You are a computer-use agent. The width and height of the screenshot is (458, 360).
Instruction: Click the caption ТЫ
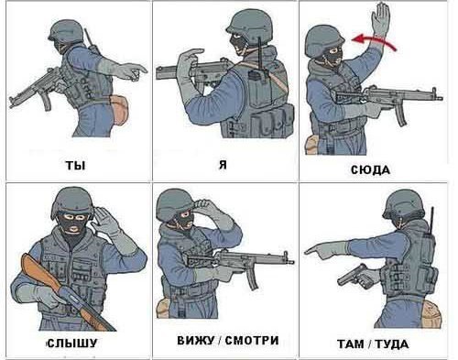75,165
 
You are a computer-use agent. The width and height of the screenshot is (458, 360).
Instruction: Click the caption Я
224,165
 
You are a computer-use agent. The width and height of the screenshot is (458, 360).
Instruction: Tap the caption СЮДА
370,169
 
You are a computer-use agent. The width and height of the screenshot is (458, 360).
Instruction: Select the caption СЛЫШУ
72,343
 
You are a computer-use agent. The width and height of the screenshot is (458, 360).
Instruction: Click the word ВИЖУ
196,340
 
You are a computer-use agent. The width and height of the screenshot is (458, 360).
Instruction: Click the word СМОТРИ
252,340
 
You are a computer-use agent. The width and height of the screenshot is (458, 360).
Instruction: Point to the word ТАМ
351,344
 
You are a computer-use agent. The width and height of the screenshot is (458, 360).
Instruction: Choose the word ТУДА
392,344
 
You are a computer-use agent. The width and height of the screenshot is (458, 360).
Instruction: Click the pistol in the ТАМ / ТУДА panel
355,276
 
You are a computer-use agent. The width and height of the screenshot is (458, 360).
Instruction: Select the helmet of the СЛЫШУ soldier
73,202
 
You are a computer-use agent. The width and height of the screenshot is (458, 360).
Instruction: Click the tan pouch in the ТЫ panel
118,109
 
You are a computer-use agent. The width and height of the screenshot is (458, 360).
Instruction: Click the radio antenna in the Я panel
260,53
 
